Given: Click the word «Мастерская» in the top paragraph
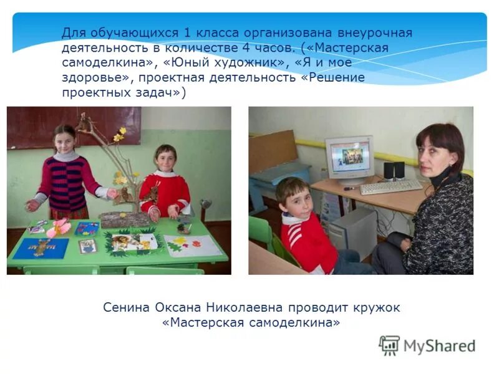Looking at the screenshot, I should tap(359, 48).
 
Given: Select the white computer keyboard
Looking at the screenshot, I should tap(390, 186).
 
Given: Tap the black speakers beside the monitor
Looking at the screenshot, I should tap(394, 170).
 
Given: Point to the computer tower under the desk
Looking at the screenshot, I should tap(353, 234).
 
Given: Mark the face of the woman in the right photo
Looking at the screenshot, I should tap(436, 156).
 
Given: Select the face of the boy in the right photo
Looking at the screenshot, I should tap(296, 199).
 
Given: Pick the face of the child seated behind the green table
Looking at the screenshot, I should tap(165, 161).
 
